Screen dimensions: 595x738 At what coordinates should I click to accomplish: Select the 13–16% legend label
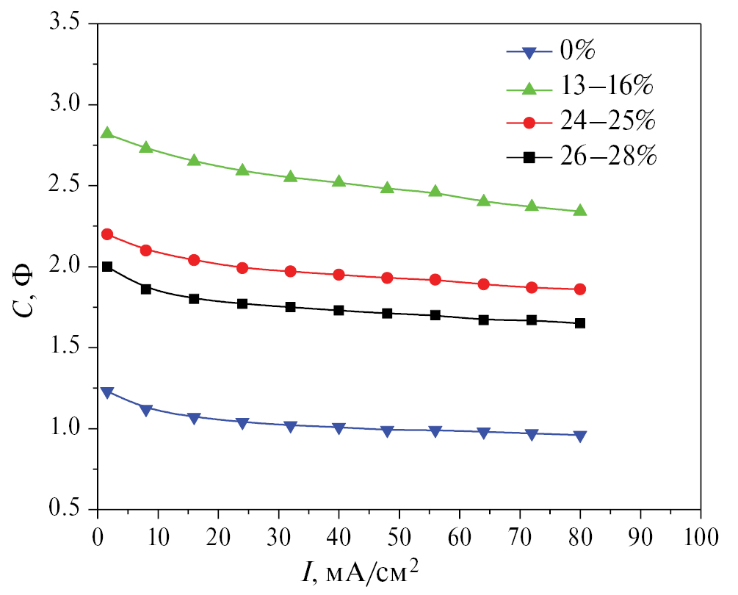[607, 86]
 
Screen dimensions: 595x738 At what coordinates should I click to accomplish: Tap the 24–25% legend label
[607, 120]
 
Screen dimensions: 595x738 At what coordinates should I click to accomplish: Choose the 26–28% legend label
[607, 156]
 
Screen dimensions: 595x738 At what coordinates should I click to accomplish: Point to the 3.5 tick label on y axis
[64, 24]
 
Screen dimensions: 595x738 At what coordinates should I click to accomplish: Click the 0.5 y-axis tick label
[64, 509]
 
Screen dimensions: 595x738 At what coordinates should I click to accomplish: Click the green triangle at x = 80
[580, 211]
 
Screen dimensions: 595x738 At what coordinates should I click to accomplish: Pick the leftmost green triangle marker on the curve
[107, 133]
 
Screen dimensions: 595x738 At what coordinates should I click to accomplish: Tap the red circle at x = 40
[339, 275]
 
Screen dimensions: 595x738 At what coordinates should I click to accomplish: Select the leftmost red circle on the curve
[107, 234]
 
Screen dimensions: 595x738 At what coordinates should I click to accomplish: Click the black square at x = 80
[580, 323]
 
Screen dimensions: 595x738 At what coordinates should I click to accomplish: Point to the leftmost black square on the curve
[107, 267]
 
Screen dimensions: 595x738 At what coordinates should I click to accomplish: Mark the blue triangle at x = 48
[387, 431]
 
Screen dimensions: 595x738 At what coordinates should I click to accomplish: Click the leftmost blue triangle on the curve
[107, 392]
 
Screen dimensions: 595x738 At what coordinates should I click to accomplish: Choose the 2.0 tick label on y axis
[64, 267]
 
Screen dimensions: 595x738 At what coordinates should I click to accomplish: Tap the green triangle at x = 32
[291, 177]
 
